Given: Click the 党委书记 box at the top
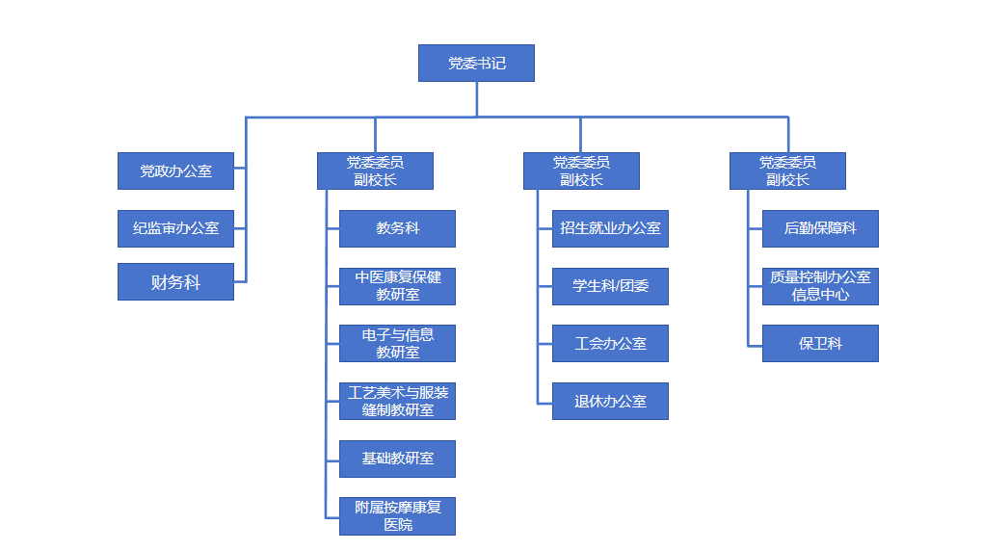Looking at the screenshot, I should (476, 64).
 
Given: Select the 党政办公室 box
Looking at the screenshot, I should (175, 171).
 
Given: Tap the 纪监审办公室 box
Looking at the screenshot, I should (175, 228).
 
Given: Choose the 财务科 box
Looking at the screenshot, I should (175, 281).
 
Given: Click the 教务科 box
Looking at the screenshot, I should (397, 228).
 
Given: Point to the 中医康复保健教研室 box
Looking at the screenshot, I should (397, 286).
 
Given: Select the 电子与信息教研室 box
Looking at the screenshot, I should (397, 343).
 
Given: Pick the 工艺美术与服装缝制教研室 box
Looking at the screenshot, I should (397, 401).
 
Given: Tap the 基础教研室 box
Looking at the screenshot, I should (397, 459).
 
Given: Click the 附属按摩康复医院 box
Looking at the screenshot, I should (397, 515).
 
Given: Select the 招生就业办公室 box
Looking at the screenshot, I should (610, 228).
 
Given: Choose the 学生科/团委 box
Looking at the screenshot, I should (610, 286).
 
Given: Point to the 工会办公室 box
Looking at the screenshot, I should (610, 343).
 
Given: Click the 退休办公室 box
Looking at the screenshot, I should (610, 401).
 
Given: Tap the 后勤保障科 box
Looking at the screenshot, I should (820, 228).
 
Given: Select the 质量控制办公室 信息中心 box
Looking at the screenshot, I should (820, 286).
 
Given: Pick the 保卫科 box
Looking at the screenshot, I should (820, 343).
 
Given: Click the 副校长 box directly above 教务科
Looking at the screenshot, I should (375, 171).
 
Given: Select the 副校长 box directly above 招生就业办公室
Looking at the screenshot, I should (581, 171).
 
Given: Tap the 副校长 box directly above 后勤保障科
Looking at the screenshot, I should (787, 171).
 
